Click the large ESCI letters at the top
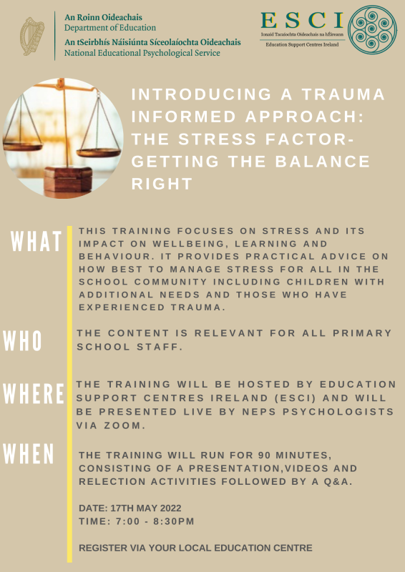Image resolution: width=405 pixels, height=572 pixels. [301, 20]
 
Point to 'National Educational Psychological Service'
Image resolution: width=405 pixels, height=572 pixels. [142, 53]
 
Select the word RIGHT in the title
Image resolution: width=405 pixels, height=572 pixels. [162, 183]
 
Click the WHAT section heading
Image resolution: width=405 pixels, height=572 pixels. [36, 242]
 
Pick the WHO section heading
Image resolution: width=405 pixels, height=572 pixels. [23, 341]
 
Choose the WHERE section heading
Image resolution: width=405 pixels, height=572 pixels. [34, 393]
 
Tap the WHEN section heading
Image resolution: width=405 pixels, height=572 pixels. [29, 453]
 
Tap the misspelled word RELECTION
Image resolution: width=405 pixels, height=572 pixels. [112, 480]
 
